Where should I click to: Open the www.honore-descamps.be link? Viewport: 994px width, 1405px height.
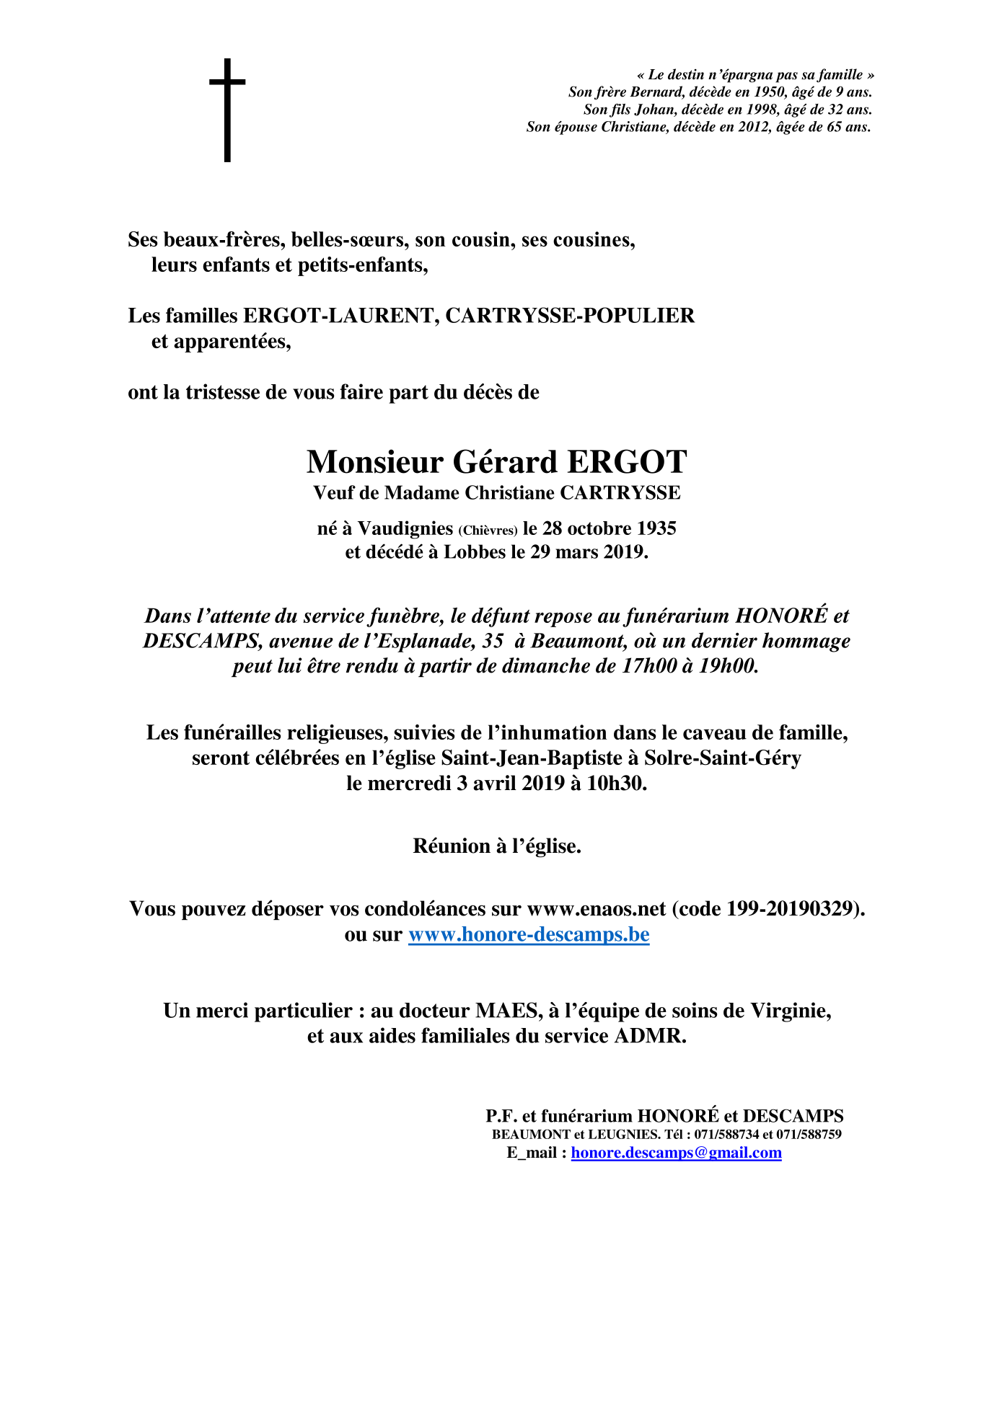point(529,934)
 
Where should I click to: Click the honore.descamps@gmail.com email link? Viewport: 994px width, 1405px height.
point(676,1152)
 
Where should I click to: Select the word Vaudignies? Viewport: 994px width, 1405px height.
point(405,528)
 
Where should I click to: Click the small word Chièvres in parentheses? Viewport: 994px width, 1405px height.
point(488,531)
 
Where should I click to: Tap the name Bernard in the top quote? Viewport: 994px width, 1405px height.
point(657,92)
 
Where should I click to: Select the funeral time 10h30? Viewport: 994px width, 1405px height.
point(617,783)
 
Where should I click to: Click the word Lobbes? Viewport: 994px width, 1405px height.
point(475,552)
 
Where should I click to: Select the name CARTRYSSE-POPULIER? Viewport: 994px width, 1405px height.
point(570,316)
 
